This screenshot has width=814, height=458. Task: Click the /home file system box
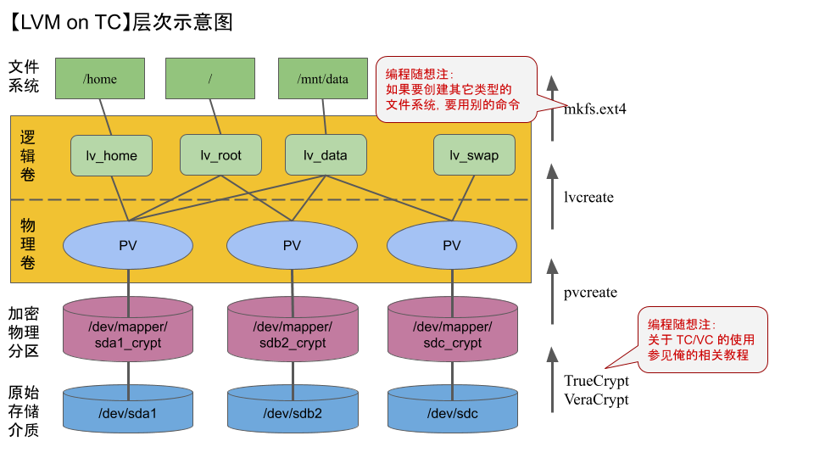tap(100, 78)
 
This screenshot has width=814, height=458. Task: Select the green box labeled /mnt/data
tap(323, 78)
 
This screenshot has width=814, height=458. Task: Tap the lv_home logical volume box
tap(112, 155)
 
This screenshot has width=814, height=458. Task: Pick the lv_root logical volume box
tap(220, 155)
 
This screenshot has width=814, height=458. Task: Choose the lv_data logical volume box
tap(325, 155)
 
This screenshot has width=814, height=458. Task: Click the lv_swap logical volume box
tap(474, 155)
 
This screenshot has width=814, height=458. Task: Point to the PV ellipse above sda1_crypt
tap(128, 245)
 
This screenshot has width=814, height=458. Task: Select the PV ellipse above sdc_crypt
tap(451, 245)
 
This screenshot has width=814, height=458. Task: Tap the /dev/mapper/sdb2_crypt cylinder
tap(292, 335)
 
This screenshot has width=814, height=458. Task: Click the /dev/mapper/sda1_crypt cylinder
tap(128, 335)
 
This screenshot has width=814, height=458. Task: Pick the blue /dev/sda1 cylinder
tap(128, 413)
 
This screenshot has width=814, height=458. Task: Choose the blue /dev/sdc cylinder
tap(451, 413)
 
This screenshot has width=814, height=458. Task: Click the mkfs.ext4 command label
tap(595, 109)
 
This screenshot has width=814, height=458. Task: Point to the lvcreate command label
tap(588, 198)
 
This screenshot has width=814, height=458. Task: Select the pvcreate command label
tap(590, 293)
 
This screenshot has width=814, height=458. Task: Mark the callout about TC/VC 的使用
tap(702, 340)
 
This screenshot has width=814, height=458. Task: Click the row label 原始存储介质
tap(24, 411)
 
